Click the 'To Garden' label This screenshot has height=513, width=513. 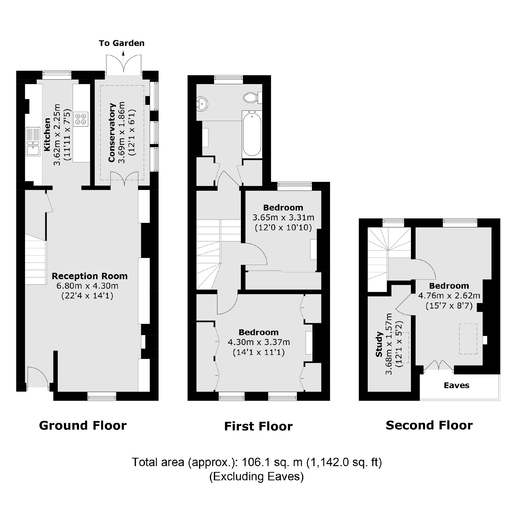(122, 43)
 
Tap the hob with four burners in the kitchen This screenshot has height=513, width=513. (81, 119)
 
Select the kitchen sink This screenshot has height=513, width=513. (33, 142)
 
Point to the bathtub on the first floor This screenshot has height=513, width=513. (252, 134)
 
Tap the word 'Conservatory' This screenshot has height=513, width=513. (112, 132)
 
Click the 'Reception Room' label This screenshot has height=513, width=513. (89, 276)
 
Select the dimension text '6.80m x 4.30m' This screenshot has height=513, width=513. (87, 286)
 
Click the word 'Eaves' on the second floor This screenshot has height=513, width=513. (457, 385)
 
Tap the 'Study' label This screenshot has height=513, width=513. (379, 344)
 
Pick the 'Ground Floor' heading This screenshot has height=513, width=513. (83, 425)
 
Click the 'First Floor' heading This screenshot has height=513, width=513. (258, 426)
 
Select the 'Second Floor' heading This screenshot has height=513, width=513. (429, 425)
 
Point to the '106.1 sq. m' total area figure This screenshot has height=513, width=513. (272, 462)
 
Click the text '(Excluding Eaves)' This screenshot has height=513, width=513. (256, 476)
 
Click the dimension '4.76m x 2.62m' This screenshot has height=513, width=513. (449, 296)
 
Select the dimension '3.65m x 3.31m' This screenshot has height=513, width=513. (283, 218)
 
